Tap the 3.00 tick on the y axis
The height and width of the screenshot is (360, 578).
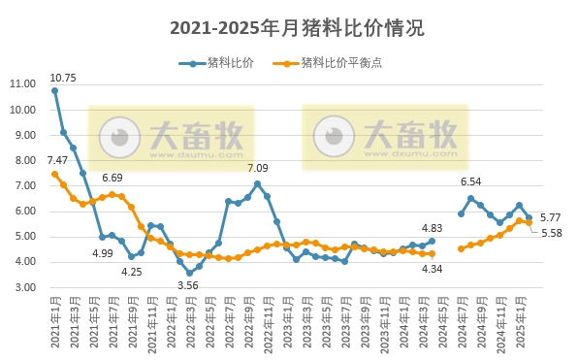tap(24, 287)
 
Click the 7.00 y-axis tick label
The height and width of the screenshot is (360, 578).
tap(24, 185)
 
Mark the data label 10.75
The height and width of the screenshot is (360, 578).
tap(63, 77)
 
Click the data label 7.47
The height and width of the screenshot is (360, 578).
tap(57, 160)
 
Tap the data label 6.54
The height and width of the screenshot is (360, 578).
tap(470, 181)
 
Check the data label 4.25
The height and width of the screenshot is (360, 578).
tap(132, 271)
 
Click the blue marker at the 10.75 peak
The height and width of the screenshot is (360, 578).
tap(54, 90)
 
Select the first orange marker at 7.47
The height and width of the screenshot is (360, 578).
tap(54, 174)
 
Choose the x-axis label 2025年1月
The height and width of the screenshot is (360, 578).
tap(520, 324)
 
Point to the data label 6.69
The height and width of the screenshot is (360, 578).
tap(112, 179)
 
